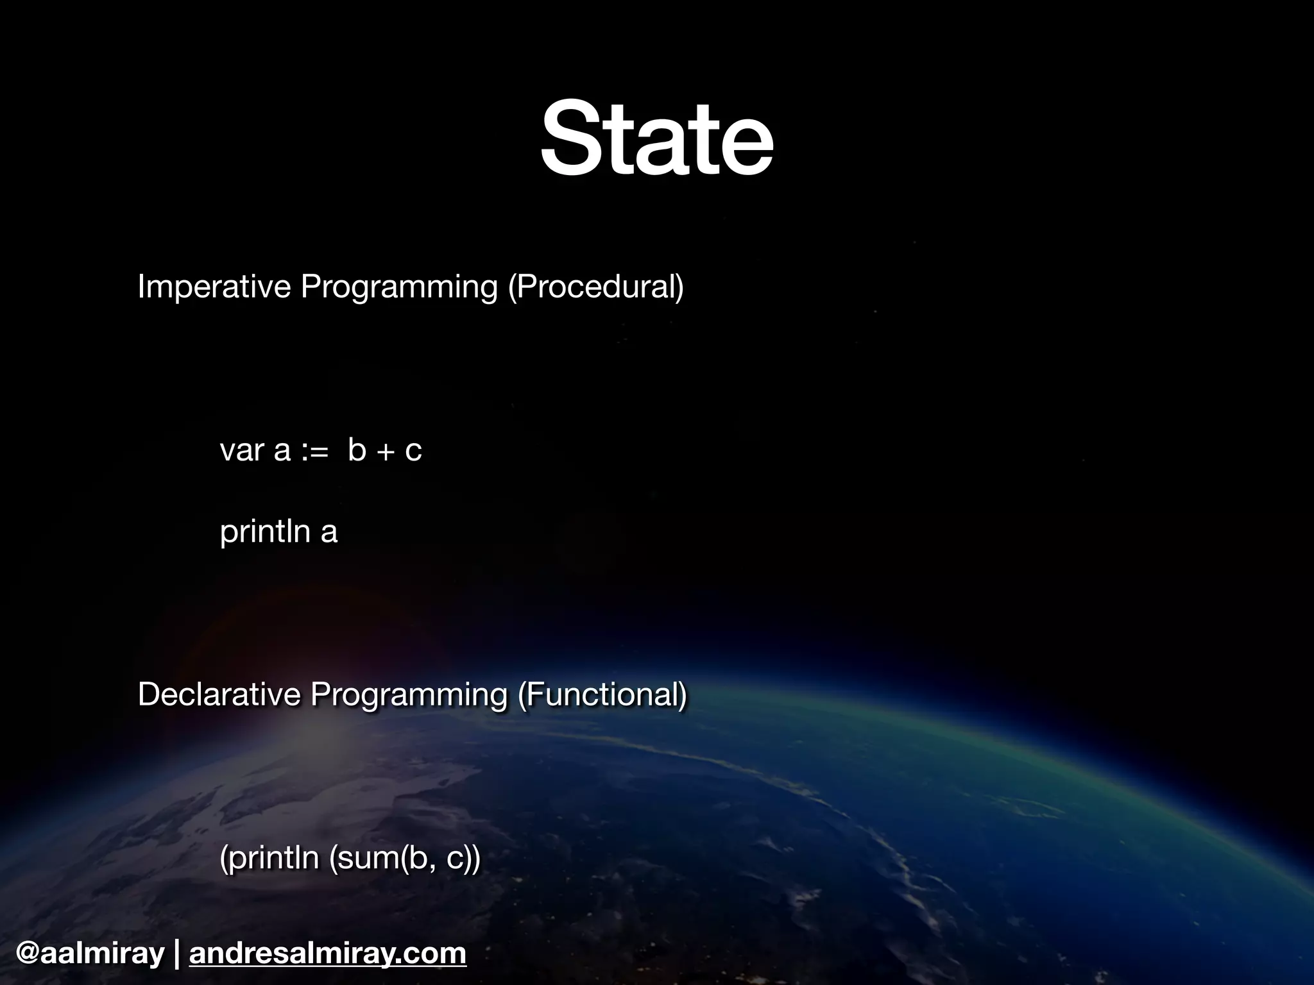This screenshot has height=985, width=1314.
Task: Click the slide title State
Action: (656, 139)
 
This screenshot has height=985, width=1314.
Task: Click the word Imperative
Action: (214, 286)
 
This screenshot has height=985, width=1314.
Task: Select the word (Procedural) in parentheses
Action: (596, 286)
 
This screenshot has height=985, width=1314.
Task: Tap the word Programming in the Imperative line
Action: (398, 287)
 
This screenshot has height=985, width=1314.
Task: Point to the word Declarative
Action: (219, 695)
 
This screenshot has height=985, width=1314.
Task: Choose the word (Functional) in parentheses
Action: (602, 695)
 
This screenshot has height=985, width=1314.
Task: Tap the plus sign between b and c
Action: (386, 451)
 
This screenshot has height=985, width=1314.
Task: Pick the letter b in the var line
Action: (357, 450)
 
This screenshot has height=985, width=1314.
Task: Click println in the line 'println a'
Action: (264, 532)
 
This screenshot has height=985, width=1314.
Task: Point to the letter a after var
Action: (282, 451)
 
